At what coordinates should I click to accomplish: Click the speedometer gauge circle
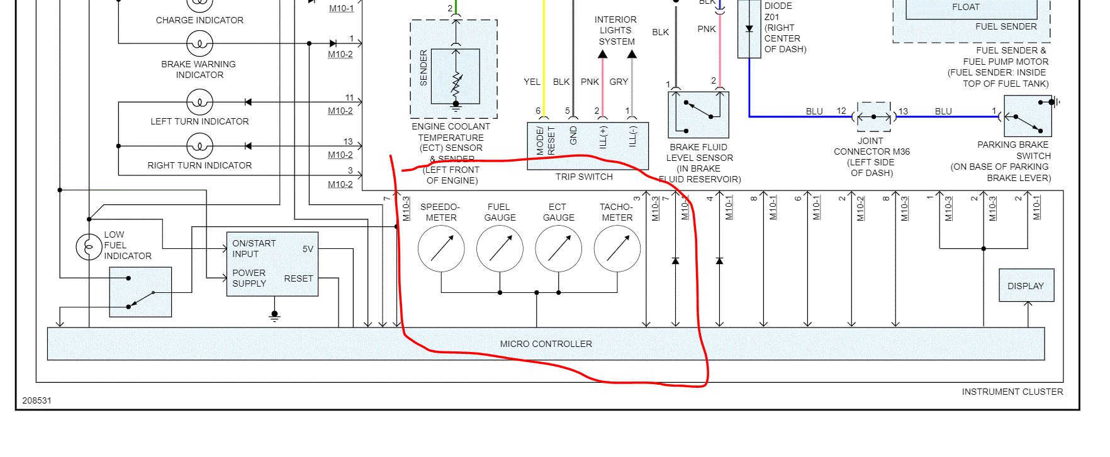441,249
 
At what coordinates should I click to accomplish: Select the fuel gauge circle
500,249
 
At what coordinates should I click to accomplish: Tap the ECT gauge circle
558,249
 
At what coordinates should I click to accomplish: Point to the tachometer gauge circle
617,249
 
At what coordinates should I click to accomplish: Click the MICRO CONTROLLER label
546,344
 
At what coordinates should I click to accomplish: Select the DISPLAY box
1026,285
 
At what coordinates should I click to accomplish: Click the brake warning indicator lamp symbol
199,44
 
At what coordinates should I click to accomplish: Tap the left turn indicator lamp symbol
199,102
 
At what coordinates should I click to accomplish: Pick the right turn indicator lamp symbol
199,146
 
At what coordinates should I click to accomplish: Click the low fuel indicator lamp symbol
89,246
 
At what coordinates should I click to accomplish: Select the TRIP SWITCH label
584,177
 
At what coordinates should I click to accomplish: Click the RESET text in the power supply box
298,278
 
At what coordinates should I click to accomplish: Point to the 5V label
308,249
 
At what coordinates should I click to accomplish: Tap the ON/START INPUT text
254,248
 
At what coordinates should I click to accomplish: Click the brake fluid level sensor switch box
698,114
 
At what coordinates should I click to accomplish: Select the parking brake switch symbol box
1028,116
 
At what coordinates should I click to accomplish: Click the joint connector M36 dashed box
873,117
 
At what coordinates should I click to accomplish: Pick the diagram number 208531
37,400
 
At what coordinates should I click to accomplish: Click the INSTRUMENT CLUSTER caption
1012,392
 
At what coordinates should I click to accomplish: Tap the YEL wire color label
532,82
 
